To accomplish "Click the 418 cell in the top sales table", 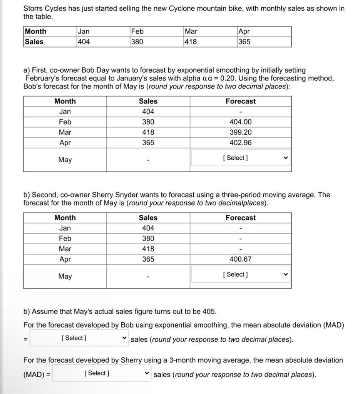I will tap(191, 42).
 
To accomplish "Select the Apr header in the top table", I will tap(244, 32).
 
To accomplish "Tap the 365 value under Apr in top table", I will tap(244, 42).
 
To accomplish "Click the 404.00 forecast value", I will tap(240, 122).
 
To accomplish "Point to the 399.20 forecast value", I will tap(240, 132).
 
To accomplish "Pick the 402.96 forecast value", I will tap(240, 143).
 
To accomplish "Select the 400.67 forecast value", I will tap(240, 259).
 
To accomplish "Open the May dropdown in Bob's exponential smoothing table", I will tap(240, 158).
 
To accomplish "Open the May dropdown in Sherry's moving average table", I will tap(240, 275).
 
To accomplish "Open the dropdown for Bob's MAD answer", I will tap(79, 338).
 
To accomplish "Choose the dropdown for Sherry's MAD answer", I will tap(102, 373).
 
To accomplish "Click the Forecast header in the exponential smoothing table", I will tap(240, 101).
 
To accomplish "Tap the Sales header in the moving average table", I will tap(148, 218).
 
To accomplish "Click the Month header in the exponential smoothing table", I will tap(65, 101).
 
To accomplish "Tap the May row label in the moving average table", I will tap(65, 276).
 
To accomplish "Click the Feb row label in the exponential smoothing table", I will tap(65, 122).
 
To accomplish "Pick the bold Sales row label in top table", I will tap(34, 42).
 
